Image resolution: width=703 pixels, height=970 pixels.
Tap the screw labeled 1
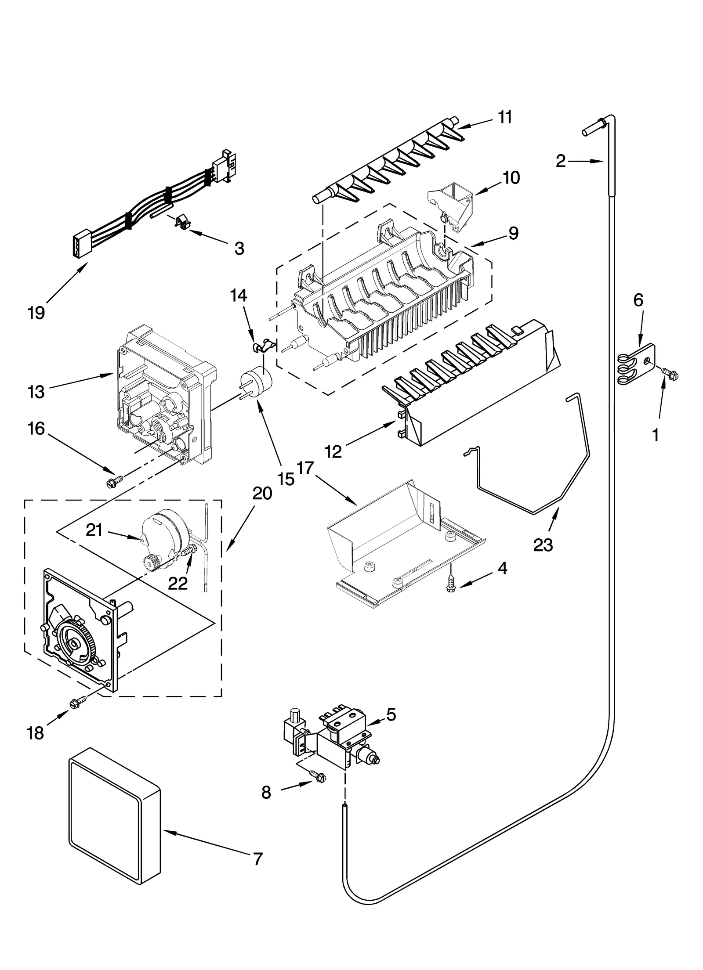pos(670,373)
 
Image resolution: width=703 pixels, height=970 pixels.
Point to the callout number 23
pos(543,545)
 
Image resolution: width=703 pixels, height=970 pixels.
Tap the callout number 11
pos(505,117)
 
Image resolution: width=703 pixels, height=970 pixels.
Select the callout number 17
pos(305,469)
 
